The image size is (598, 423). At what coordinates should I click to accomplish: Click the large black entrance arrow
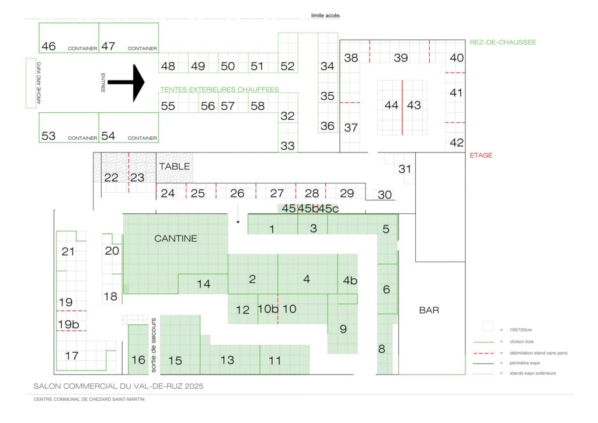[x=126, y=82]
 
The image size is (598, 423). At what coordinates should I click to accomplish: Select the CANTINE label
[x=175, y=238]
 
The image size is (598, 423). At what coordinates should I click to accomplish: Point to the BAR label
[x=429, y=310]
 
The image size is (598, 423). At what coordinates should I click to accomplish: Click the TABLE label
[x=174, y=167]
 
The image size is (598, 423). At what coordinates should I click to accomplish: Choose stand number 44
[x=391, y=105]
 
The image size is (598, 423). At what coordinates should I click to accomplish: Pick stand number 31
[x=405, y=169]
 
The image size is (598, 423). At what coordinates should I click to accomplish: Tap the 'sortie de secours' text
[x=154, y=345]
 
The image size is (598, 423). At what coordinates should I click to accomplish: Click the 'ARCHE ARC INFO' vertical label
[x=39, y=83]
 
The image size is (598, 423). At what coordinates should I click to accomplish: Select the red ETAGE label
[x=481, y=155]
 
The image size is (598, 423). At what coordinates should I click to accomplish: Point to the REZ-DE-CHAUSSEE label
[x=503, y=42]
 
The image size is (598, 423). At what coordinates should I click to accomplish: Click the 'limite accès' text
[x=325, y=16]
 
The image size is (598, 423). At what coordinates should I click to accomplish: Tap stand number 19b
[x=69, y=324]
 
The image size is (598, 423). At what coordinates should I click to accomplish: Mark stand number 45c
[x=328, y=209]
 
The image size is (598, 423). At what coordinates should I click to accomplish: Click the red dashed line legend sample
[x=483, y=353]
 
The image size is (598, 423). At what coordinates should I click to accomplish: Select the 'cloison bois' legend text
[x=521, y=342]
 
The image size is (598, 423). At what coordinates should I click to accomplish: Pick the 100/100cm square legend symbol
[x=488, y=327]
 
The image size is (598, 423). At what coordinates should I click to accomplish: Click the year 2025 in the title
[x=194, y=386]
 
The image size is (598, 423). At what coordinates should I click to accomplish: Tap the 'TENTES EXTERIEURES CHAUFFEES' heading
[x=220, y=89]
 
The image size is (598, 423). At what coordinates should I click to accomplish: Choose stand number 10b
[x=267, y=308]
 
